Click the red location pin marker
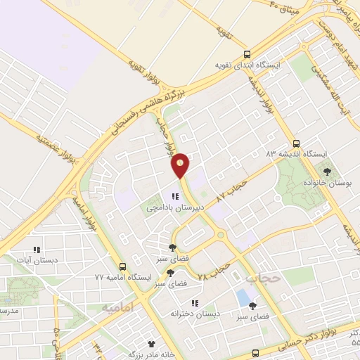[181, 165]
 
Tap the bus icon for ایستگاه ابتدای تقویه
[246, 54]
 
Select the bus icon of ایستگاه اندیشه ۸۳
[297, 141]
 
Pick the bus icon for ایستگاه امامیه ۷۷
[123, 266]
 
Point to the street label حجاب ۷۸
[214, 268]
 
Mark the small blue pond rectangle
[246, 297]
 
